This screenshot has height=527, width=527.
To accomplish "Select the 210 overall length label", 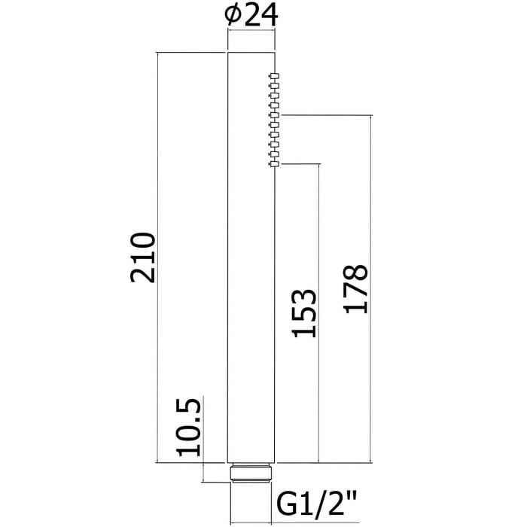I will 142,257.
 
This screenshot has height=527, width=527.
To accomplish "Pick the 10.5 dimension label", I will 189,427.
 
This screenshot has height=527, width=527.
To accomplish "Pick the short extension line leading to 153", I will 301,163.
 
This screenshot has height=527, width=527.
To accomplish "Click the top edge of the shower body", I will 251,53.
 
